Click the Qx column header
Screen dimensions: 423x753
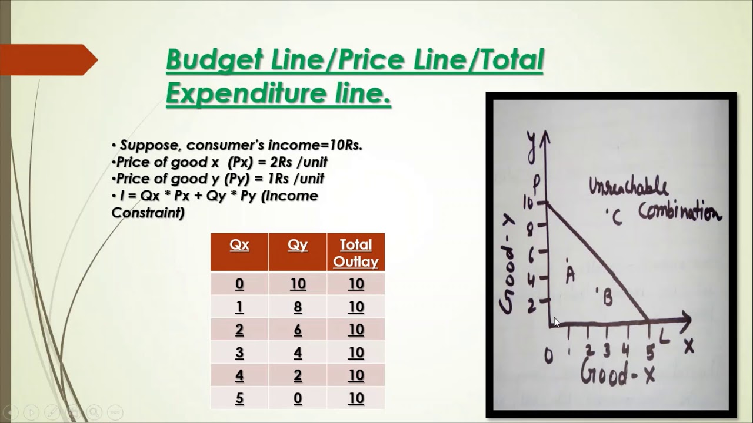(x=239, y=245)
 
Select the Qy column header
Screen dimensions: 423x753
(x=298, y=245)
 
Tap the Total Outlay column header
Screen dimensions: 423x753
(x=355, y=253)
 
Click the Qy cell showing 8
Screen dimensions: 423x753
(x=298, y=307)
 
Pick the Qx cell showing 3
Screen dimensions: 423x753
(x=239, y=352)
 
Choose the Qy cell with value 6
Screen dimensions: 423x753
(x=298, y=330)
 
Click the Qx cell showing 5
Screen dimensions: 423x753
(x=239, y=398)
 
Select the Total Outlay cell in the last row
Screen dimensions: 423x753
(x=355, y=398)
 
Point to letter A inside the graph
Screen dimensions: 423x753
(x=569, y=274)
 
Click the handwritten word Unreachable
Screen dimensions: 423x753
(x=628, y=187)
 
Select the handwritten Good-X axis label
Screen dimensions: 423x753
(x=617, y=374)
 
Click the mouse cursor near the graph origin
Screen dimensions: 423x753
(x=557, y=323)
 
